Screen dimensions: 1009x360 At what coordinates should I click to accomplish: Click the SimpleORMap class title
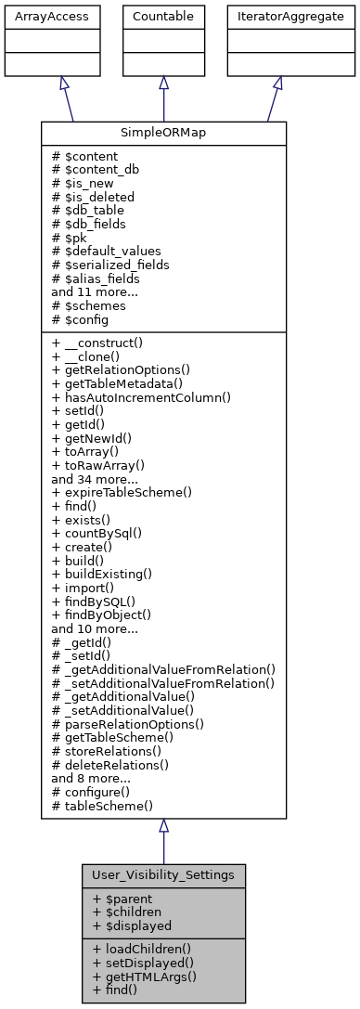(x=163, y=132)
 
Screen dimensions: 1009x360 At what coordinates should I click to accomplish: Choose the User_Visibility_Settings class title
(x=163, y=874)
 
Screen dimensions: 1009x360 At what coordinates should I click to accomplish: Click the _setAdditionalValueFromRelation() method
(x=163, y=683)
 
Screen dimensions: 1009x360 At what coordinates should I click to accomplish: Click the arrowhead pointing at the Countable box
(x=163, y=83)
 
